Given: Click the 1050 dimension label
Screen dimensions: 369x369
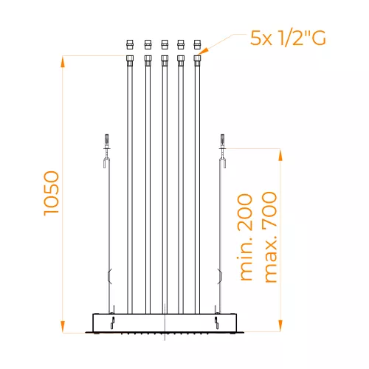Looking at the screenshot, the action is [x=52, y=193].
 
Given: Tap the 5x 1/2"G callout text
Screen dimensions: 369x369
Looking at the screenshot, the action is [x=288, y=38].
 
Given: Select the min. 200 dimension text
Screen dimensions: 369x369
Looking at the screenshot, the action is [x=245, y=237].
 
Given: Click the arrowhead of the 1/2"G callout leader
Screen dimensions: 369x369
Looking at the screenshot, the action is [x=202, y=52].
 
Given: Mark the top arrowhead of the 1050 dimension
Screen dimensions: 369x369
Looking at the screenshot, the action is [x=63, y=61].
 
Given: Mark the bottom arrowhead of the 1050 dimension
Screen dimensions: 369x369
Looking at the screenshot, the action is [x=63, y=327].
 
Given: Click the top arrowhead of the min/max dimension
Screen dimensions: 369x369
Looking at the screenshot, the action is [x=280, y=155].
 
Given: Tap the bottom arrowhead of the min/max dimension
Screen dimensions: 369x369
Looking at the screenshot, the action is [x=280, y=325].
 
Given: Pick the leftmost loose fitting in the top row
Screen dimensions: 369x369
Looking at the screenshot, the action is [x=130, y=44].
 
